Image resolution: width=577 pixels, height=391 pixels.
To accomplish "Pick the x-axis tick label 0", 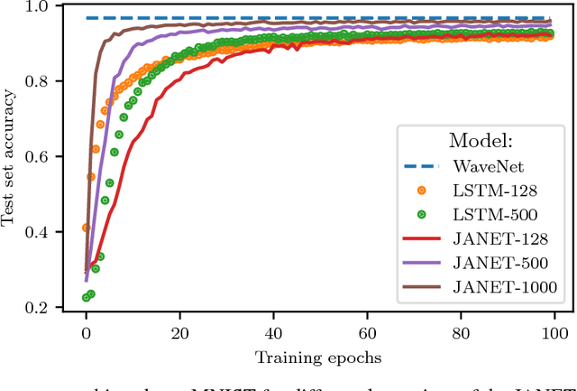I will pos(86,330).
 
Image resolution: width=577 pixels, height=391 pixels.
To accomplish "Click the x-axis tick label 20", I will pos(179,330).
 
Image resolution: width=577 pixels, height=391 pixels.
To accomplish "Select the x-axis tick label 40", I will pos(274,330).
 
